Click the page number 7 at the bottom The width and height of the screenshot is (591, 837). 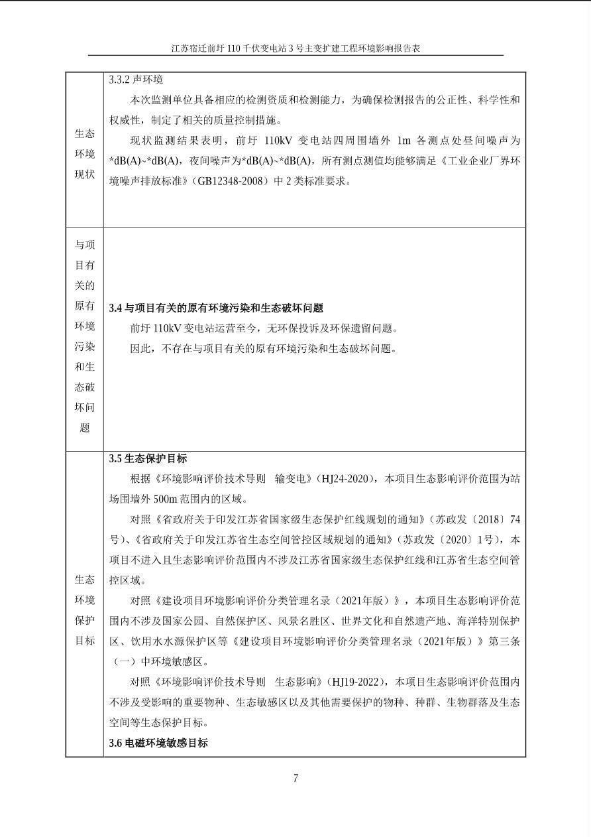point(295,779)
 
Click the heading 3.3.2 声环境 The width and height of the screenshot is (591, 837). point(136,80)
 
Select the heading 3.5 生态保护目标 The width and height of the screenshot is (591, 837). point(148,458)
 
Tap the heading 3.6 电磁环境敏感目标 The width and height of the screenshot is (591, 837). point(158,743)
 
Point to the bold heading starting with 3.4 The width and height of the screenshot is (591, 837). point(216,308)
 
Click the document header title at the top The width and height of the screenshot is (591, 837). point(295,48)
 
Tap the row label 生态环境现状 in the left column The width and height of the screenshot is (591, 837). point(84,154)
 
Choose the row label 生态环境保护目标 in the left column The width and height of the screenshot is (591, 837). point(84,610)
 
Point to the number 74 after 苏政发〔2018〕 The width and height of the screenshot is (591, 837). point(513,519)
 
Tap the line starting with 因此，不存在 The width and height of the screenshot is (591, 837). point(264,348)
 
